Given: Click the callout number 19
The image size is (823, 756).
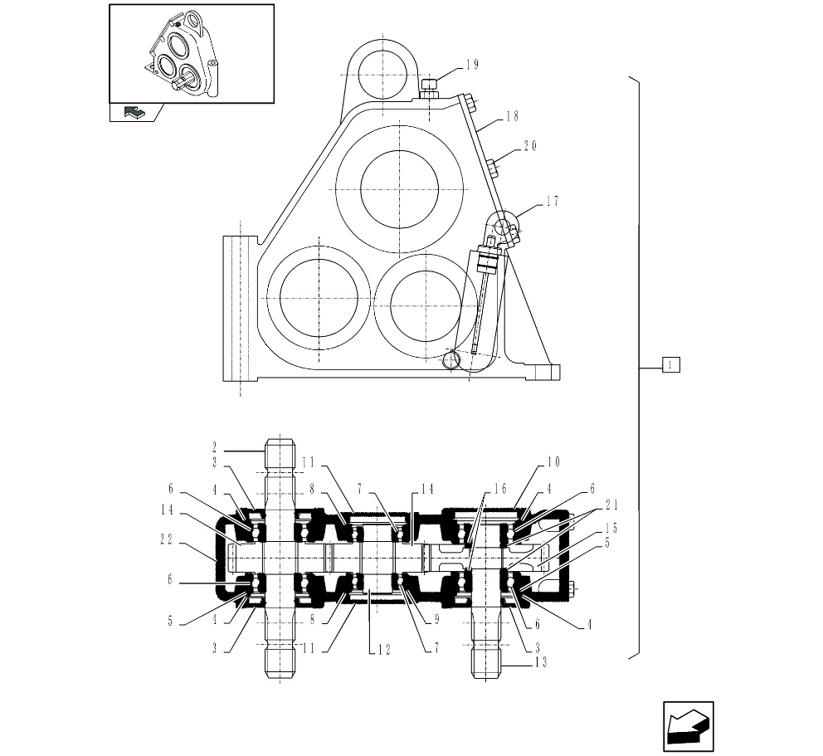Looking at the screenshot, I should [x=472, y=65].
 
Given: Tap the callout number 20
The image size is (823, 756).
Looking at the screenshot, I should [x=530, y=146].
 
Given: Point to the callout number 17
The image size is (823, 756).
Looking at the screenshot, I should [x=552, y=201].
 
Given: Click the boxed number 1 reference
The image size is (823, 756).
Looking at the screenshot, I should [x=671, y=363].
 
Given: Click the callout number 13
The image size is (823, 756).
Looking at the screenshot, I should [x=519, y=661].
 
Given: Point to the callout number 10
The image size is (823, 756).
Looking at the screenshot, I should [x=553, y=461].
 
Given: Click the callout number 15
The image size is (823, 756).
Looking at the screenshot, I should [x=611, y=528].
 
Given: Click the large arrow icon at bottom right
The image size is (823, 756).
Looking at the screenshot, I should [x=689, y=727].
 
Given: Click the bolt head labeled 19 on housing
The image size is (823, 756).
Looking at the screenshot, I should [x=429, y=86].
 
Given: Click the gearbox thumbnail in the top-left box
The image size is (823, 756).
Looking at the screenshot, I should [x=191, y=54].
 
